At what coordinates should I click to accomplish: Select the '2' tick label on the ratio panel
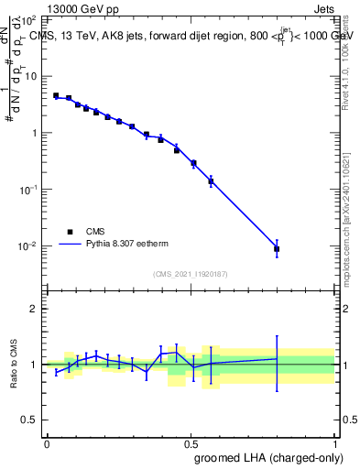34,309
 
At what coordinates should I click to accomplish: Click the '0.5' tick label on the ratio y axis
29,420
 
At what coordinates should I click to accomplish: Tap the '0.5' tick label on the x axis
191,443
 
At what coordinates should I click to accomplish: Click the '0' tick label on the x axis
47,443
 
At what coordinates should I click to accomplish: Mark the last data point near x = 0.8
277,248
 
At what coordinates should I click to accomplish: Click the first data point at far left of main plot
56,95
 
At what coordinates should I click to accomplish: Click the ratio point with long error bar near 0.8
277,359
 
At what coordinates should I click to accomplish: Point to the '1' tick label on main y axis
34,133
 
